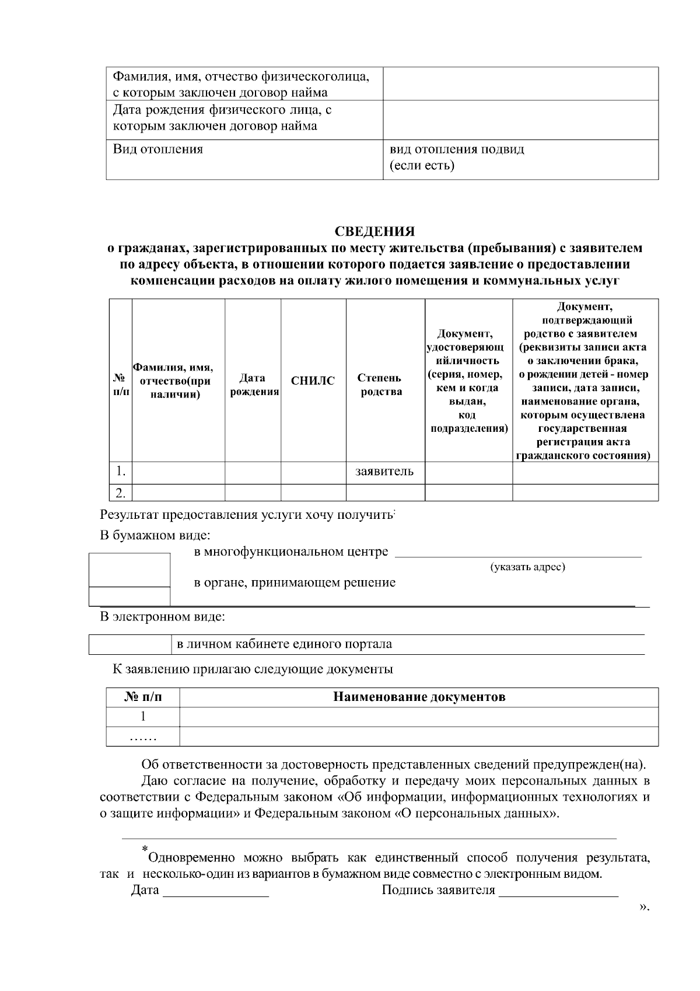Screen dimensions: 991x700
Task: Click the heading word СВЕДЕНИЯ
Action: [375, 231]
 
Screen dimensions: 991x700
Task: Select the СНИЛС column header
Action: [313, 381]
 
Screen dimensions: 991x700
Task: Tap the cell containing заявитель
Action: [384, 472]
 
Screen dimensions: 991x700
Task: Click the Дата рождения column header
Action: [253, 385]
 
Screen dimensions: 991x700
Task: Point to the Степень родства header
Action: [384, 385]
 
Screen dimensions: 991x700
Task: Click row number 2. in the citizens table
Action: [120, 493]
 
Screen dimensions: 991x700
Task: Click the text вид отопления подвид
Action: [457, 149]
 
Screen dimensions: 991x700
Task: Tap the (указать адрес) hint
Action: [527, 567]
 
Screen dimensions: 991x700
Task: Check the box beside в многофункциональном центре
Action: [129, 570]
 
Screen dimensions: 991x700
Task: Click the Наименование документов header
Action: [419, 697]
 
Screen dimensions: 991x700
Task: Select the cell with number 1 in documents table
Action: [143, 717]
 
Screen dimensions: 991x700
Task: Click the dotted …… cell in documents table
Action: [143, 737]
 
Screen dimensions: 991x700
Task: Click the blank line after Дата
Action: [216, 891]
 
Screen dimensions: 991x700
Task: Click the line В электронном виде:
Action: [162, 616]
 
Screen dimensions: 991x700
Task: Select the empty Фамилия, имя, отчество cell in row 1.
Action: [178, 472]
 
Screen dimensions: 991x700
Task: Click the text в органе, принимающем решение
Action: [294, 582]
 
